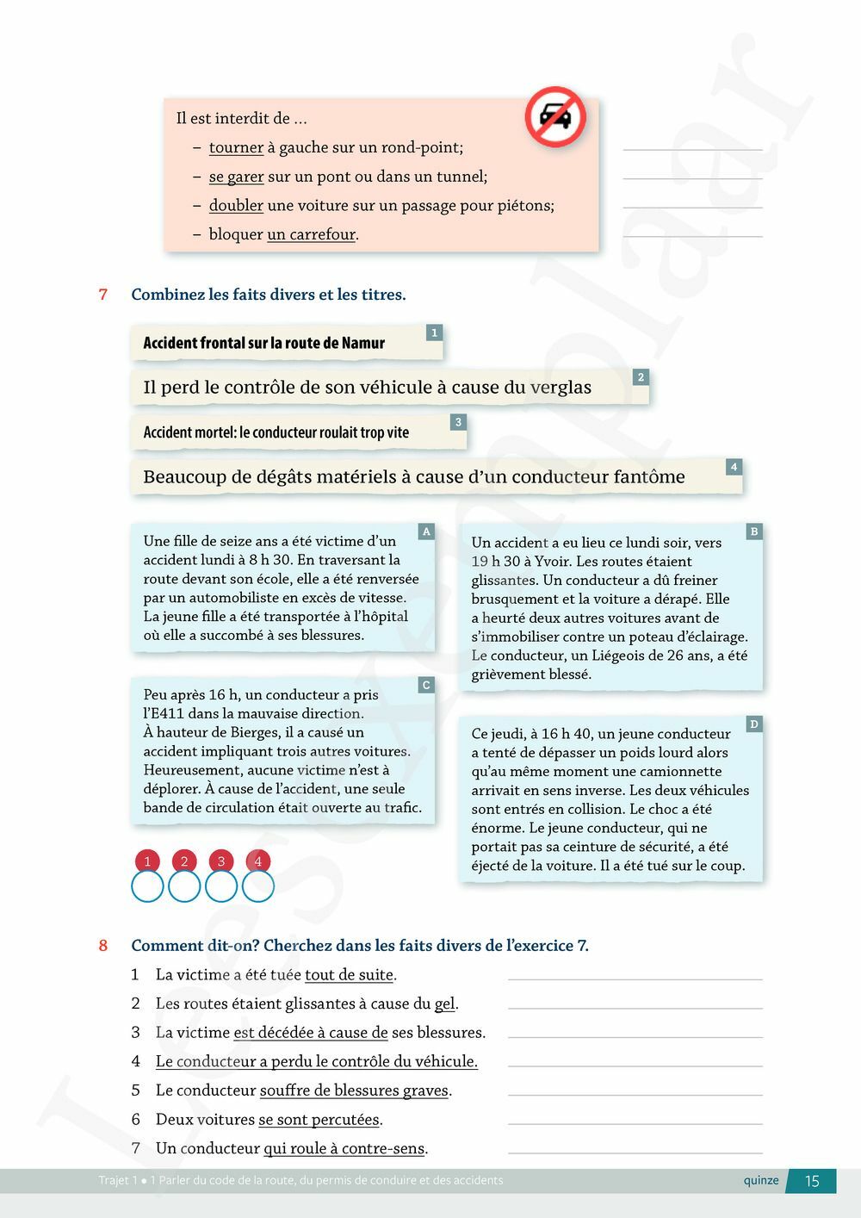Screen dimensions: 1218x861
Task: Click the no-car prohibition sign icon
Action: [555, 116]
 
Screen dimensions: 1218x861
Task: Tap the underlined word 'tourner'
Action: [236, 147]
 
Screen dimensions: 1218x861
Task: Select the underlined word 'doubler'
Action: [236, 205]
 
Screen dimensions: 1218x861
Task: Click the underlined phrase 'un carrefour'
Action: [312, 234]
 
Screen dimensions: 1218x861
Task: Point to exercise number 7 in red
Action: [103, 295]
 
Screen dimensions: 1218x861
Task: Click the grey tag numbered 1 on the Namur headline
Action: [434, 332]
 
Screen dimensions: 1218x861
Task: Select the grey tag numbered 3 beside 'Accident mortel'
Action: [458, 422]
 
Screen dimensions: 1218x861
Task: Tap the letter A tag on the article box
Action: [426, 532]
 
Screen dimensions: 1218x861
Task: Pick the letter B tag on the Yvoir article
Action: [754, 531]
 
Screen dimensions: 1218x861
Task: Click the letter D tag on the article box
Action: [754, 724]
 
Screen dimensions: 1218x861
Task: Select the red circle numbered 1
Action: [147, 861]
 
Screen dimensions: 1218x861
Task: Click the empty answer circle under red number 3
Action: [221, 886]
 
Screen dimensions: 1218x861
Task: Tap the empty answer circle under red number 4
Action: [258, 886]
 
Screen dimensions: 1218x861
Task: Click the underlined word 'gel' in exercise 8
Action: [444, 1004]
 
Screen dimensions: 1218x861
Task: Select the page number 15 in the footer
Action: [812, 1181]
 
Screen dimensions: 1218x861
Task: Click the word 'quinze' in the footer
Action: [761, 1180]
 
